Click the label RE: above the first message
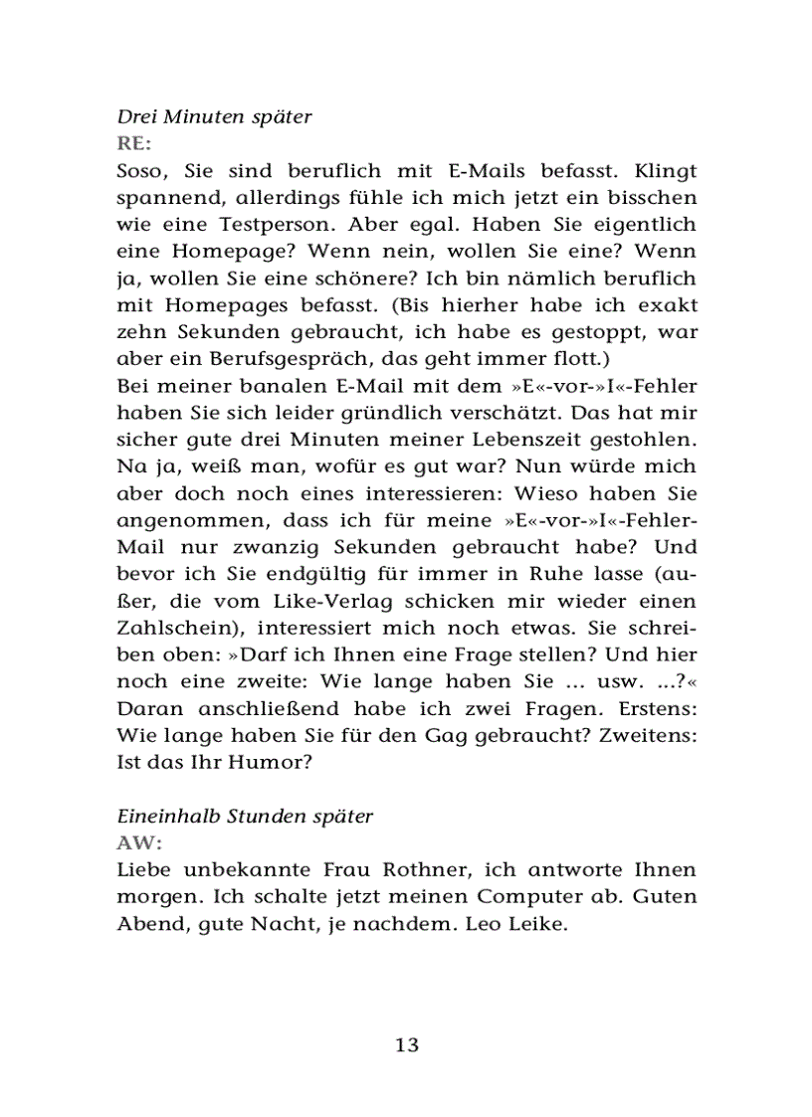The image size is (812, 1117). tap(133, 142)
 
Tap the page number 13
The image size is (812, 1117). tap(406, 1044)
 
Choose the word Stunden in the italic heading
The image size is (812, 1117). tap(257, 817)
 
